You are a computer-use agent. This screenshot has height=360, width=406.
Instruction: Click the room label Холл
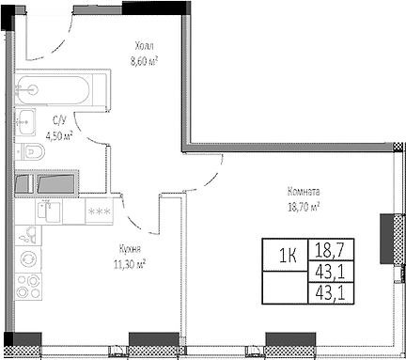coord(143,45)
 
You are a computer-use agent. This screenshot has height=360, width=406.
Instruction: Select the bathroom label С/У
coord(58,120)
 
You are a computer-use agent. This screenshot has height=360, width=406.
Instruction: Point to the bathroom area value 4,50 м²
coord(59,134)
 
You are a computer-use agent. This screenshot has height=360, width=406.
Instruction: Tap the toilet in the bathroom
coord(35,150)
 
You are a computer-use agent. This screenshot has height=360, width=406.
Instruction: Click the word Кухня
coord(130,249)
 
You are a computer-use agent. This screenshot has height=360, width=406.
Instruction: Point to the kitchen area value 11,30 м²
coord(130,263)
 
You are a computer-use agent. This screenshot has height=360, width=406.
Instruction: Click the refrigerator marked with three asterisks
coord(97,211)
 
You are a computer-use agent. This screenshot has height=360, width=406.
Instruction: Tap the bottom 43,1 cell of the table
coord(327,293)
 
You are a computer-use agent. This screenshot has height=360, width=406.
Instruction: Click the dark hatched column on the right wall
coord(386,239)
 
